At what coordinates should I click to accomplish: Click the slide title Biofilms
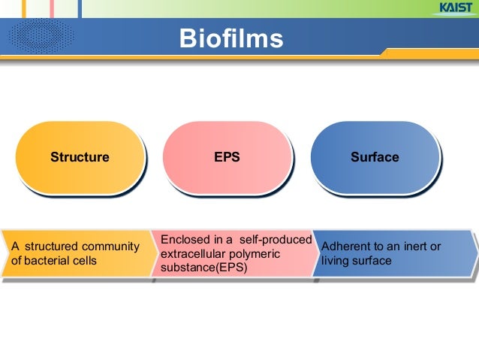click(230, 38)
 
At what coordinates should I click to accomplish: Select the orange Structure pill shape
click(79, 157)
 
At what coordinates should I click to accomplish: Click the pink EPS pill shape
click(227, 157)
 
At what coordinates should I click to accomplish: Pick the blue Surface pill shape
click(374, 157)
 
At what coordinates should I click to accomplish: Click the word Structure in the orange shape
click(80, 158)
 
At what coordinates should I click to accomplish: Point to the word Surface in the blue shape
click(375, 158)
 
